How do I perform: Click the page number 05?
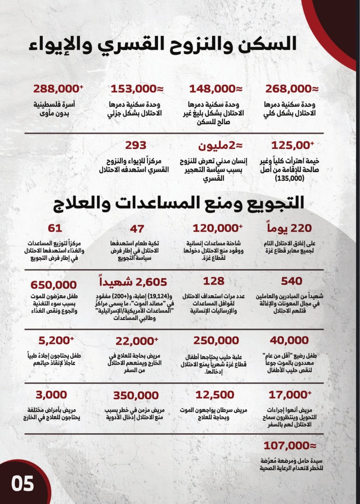(x=22, y=484)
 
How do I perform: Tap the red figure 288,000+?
(x=58, y=89)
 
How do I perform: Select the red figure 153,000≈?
(x=137, y=89)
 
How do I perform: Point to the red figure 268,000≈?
(x=292, y=89)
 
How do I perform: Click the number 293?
(x=136, y=145)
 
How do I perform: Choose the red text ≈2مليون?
(x=220, y=146)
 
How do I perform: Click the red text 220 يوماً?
(x=289, y=228)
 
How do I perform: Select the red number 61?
(x=55, y=228)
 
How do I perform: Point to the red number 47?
(x=137, y=229)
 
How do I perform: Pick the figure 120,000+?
(x=217, y=228)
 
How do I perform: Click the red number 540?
(x=291, y=281)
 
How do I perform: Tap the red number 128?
(x=214, y=281)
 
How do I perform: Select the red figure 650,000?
(x=53, y=285)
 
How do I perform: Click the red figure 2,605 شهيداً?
(x=133, y=282)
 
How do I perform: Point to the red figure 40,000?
(x=289, y=340)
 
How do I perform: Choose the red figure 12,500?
(x=215, y=395)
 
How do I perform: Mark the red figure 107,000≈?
(x=290, y=446)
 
